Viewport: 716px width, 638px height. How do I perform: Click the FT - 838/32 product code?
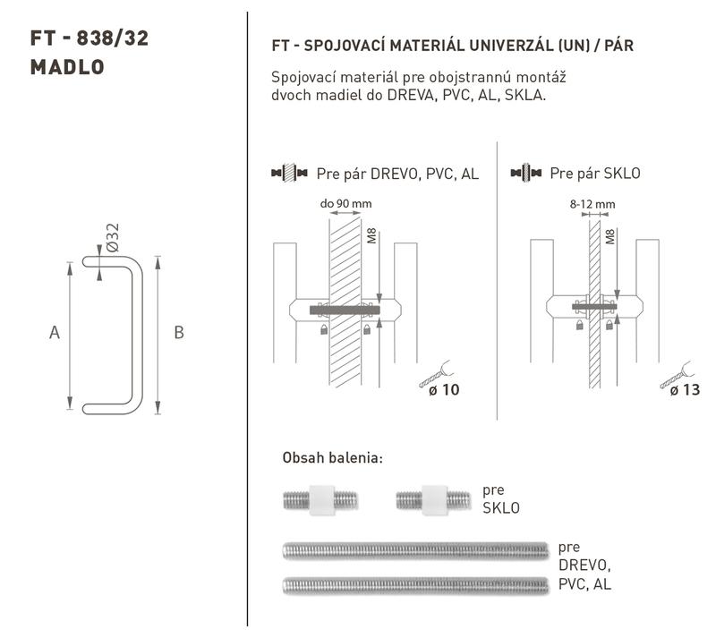click(x=89, y=38)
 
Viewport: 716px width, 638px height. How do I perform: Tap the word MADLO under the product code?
click(x=67, y=67)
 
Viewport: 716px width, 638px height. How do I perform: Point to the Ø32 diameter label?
click(x=113, y=237)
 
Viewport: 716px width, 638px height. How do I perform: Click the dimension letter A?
click(x=55, y=333)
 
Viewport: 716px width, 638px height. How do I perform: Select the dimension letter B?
click(x=179, y=333)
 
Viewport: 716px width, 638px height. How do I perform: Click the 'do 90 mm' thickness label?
click(x=345, y=204)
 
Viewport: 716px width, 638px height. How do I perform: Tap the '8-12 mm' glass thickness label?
click(x=592, y=204)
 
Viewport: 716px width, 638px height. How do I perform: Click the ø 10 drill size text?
click(x=444, y=390)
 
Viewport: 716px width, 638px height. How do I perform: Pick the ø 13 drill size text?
click(x=685, y=390)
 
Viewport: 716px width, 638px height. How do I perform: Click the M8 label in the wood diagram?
click(x=371, y=236)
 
